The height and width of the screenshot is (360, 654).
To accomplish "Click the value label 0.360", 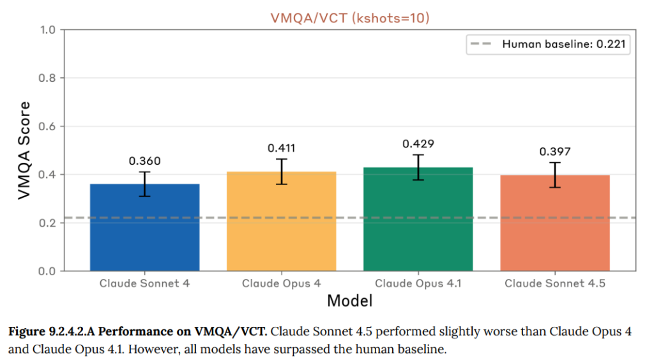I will click(144, 161).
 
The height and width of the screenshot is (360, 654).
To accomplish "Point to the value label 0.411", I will click(281, 148).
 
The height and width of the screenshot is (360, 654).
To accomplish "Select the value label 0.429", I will click(418, 144).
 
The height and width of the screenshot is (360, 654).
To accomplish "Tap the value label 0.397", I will click(554, 151).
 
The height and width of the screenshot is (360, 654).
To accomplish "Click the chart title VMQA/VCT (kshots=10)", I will click(349, 18).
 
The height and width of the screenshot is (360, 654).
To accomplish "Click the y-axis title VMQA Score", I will click(24, 150).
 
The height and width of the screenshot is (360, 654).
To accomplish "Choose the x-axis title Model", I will click(349, 300).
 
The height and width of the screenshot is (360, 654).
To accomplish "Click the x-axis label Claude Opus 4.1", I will click(418, 283).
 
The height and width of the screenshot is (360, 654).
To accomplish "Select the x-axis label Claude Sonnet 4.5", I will click(554, 283).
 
